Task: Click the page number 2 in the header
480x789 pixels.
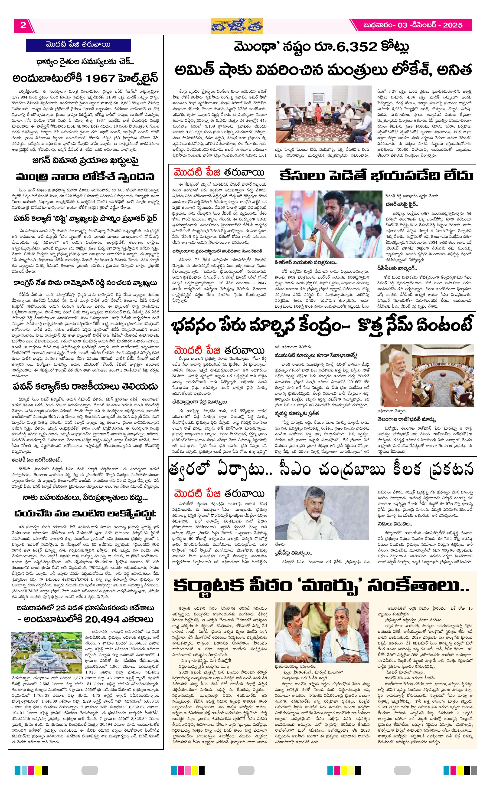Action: [23, 25]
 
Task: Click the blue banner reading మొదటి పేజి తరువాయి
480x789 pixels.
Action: [78, 45]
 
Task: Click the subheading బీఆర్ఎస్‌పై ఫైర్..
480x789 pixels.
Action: [402, 204]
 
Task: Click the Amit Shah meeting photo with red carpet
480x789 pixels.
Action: [323, 114]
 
